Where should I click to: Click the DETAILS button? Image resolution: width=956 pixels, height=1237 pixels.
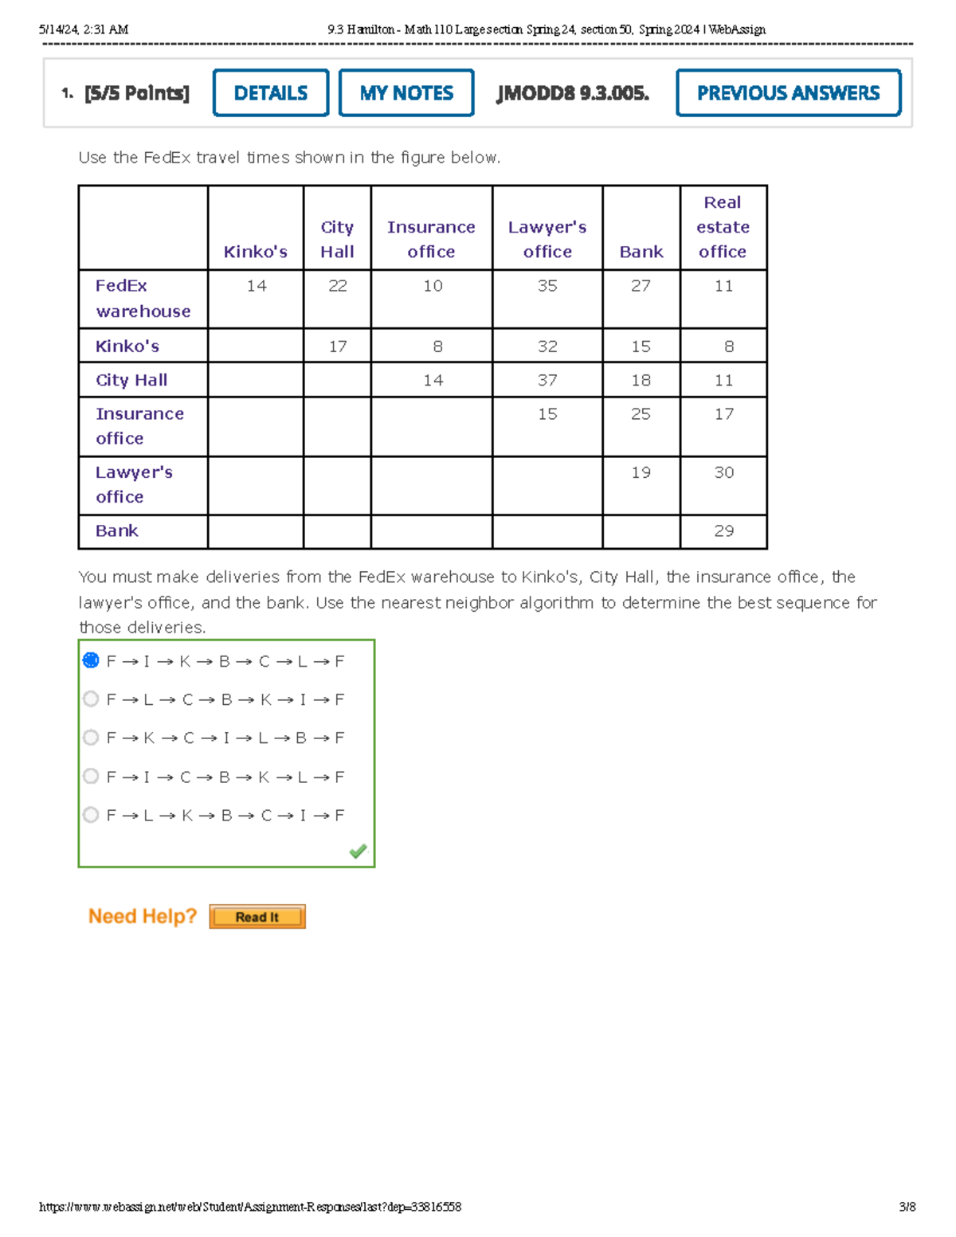point(271,93)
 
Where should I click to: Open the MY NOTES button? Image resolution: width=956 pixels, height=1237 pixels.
point(406,93)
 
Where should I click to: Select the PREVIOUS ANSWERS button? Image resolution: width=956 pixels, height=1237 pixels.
point(788,93)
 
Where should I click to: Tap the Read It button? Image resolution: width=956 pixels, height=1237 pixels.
point(257,917)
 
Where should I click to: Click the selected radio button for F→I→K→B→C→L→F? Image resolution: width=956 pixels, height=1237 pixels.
point(91,660)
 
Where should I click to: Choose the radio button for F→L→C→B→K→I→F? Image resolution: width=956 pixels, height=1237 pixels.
point(91,699)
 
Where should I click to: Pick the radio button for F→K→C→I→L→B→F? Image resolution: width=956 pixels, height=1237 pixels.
point(91,738)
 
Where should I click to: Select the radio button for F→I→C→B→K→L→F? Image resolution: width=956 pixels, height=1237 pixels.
point(91,776)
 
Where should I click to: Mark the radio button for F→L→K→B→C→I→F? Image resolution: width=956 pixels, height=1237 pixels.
point(91,815)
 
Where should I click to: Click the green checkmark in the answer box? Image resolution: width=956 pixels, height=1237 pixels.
point(358,851)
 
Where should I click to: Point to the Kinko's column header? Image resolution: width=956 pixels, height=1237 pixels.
point(256,252)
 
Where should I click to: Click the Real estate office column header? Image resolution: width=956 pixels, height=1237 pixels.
point(723,227)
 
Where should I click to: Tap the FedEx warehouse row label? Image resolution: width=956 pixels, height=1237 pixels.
point(143,298)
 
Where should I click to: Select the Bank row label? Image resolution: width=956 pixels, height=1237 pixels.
point(117,530)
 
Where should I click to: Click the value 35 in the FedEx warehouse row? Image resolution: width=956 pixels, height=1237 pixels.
point(547,286)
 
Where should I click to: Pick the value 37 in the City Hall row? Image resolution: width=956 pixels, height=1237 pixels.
point(547,380)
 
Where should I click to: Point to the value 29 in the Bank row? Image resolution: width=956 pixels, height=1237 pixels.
point(723,530)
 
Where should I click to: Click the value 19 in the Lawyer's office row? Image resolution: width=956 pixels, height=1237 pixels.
point(641,472)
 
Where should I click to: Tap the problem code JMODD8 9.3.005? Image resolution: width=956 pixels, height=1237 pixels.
point(573,93)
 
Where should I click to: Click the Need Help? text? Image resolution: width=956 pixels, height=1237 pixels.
point(143,916)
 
